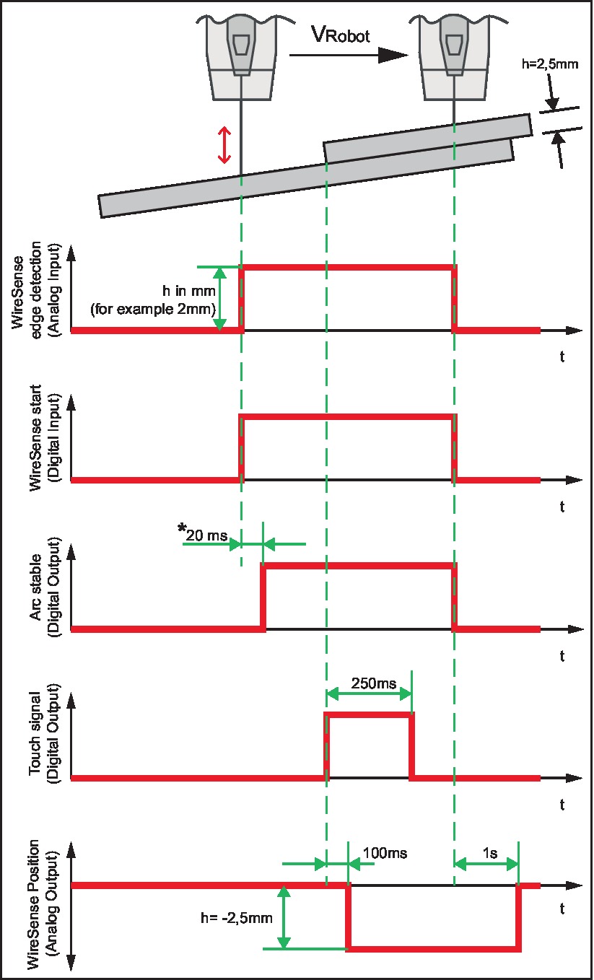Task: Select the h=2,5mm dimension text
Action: [550, 64]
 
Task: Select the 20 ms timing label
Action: [205, 535]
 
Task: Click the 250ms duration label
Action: [369, 681]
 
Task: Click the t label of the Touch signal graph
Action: [563, 803]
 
